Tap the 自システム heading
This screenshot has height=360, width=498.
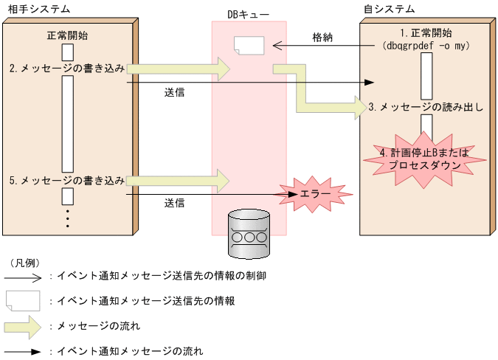[389, 10]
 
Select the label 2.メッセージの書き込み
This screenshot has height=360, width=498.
[67, 69]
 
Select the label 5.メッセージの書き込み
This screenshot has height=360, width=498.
[67, 180]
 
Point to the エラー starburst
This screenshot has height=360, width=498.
[311, 193]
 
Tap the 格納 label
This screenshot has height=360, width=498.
[322, 37]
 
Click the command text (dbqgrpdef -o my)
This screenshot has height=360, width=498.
[426, 46]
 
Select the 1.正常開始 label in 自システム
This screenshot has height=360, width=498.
[426, 33]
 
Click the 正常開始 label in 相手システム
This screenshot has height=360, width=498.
[67, 35]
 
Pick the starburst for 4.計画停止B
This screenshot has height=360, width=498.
[420, 159]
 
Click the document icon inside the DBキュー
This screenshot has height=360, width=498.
[248, 46]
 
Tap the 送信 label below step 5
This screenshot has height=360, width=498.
[174, 202]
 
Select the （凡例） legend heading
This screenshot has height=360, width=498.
[25, 263]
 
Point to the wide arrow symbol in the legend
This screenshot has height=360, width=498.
[23, 325]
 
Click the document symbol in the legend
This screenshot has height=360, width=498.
[23, 300]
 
